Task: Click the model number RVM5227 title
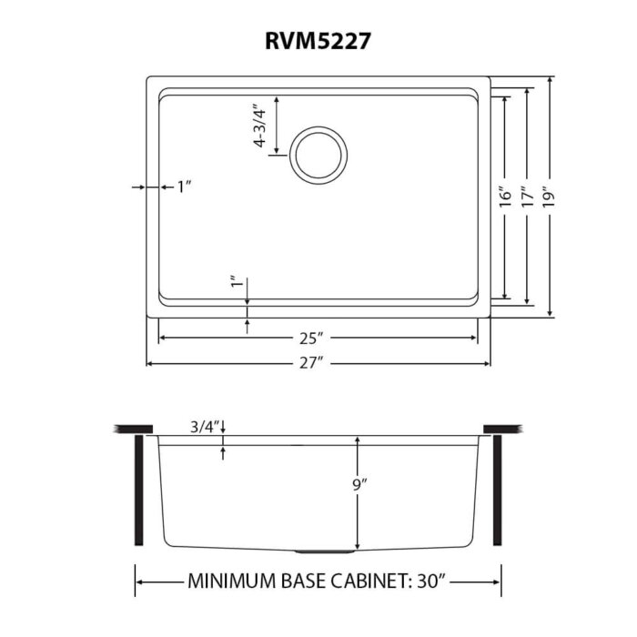click(x=318, y=40)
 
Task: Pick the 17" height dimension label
click(x=529, y=197)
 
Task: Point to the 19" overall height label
click(x=551, y=197)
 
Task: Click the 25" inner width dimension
click(x=311, y=339)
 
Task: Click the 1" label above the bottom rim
click(x=236, y=284)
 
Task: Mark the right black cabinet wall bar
click(x=498, y=490)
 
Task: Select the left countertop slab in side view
click(x=133, y=428)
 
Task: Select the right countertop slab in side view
click(x=502, y=428)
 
